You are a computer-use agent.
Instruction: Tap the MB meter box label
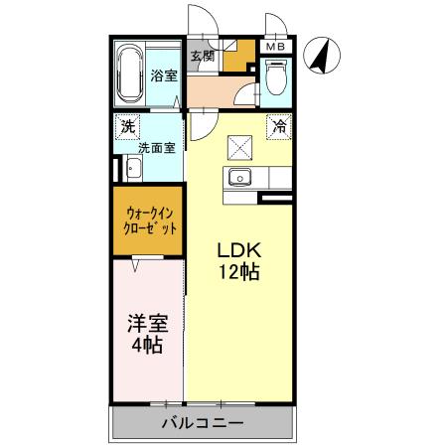coord(275,47)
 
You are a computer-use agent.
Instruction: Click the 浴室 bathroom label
coord(164,75)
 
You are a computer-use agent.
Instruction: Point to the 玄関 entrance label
coord(203,56)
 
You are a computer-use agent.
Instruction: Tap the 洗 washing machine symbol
coord(126,126)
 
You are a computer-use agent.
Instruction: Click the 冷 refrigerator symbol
coord(279,126)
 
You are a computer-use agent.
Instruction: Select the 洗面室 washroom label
coord(156,148)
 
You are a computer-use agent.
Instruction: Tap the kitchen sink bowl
coord(240,178)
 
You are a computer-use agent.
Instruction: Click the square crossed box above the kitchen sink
coord(240,147)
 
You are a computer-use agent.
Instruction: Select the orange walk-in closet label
coord(147,219)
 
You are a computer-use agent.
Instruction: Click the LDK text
coord(238,249)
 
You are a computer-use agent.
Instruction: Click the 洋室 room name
coord(146,325)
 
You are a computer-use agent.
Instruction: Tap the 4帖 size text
coord(146,347)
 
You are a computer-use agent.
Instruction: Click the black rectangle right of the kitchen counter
coord(276,199)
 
